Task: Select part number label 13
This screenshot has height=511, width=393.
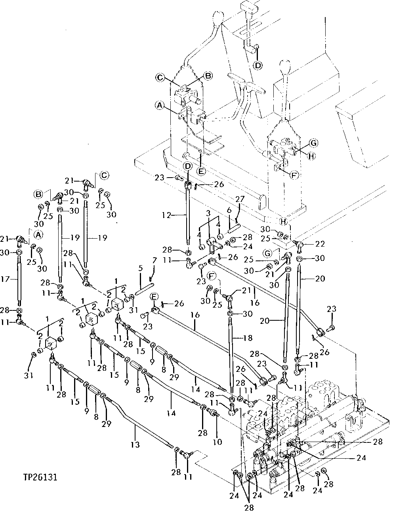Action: (x=135, y=444)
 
